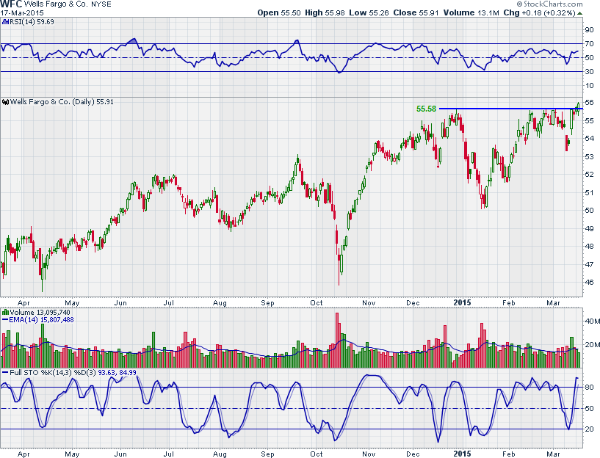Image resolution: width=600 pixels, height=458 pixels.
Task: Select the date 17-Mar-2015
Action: point(23,13)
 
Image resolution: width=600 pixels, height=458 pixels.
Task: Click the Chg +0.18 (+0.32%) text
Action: point(543,13)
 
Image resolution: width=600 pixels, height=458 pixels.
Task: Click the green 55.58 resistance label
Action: point(426,109)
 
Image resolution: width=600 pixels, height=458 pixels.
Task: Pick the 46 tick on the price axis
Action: point(589,282)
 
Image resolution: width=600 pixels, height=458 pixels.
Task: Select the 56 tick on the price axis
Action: point(589,103)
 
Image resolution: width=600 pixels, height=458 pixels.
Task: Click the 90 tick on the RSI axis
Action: point(589,30)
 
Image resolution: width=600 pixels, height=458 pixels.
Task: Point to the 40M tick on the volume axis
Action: point(590,321)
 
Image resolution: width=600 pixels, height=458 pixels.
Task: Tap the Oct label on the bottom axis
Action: point(317,302)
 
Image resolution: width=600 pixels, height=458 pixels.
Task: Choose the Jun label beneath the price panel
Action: point(121,302)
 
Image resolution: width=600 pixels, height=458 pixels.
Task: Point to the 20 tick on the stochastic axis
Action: point(589,429)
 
